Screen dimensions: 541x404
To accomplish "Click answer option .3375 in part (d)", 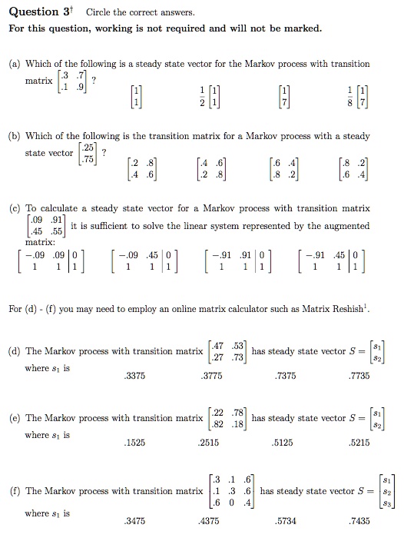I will pyautogui.click(x=135, y=376).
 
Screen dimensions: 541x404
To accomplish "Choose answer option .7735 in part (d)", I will pyautogui.click(x=359, y=376).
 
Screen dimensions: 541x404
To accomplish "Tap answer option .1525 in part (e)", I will pyautogui.click(x=135, y=445).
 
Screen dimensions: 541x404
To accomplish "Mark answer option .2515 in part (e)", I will pyautogui.click(x=209, y=445).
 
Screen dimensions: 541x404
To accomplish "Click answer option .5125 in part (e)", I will pyautogui.click(x=285, y=445).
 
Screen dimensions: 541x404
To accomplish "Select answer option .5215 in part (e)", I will pyautogui.click(x=359, y=445).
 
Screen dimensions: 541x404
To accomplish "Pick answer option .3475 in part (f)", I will pyautogui.click(x=135, y=521).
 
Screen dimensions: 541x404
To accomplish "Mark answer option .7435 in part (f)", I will pyautogui.click(x=359, y=521).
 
